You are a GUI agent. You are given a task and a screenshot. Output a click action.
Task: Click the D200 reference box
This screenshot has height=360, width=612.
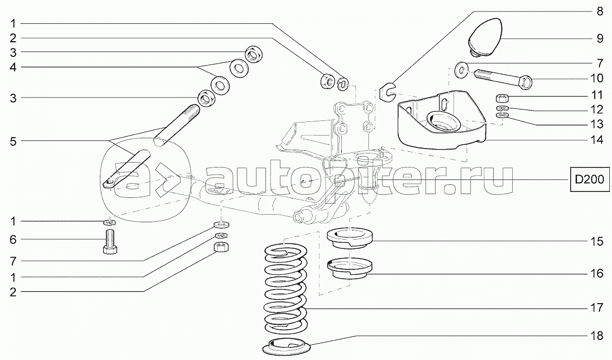[590, 179]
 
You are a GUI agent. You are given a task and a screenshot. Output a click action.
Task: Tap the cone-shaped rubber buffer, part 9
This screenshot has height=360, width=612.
[485, 36]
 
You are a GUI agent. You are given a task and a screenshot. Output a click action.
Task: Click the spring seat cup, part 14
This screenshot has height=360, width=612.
[442, 120]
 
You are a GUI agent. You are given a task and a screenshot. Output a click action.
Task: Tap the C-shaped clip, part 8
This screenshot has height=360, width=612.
[387, 92]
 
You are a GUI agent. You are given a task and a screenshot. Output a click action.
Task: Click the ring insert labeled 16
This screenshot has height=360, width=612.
[350, 269]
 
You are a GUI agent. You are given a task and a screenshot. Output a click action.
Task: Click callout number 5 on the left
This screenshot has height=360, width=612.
[13, 141]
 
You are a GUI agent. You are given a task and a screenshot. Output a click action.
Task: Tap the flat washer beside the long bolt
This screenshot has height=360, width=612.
[462, 70]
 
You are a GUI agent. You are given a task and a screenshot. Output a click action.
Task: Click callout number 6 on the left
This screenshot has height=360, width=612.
[13, 239]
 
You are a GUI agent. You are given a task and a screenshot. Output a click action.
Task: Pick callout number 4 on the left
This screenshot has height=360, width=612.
[13, 67]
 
